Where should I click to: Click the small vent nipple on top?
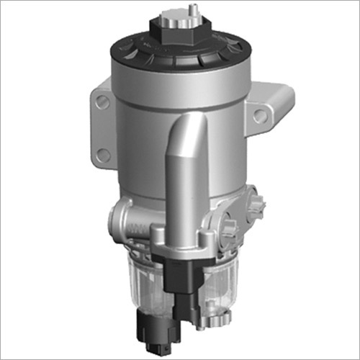pyautogui.click(x=192, y=9)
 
